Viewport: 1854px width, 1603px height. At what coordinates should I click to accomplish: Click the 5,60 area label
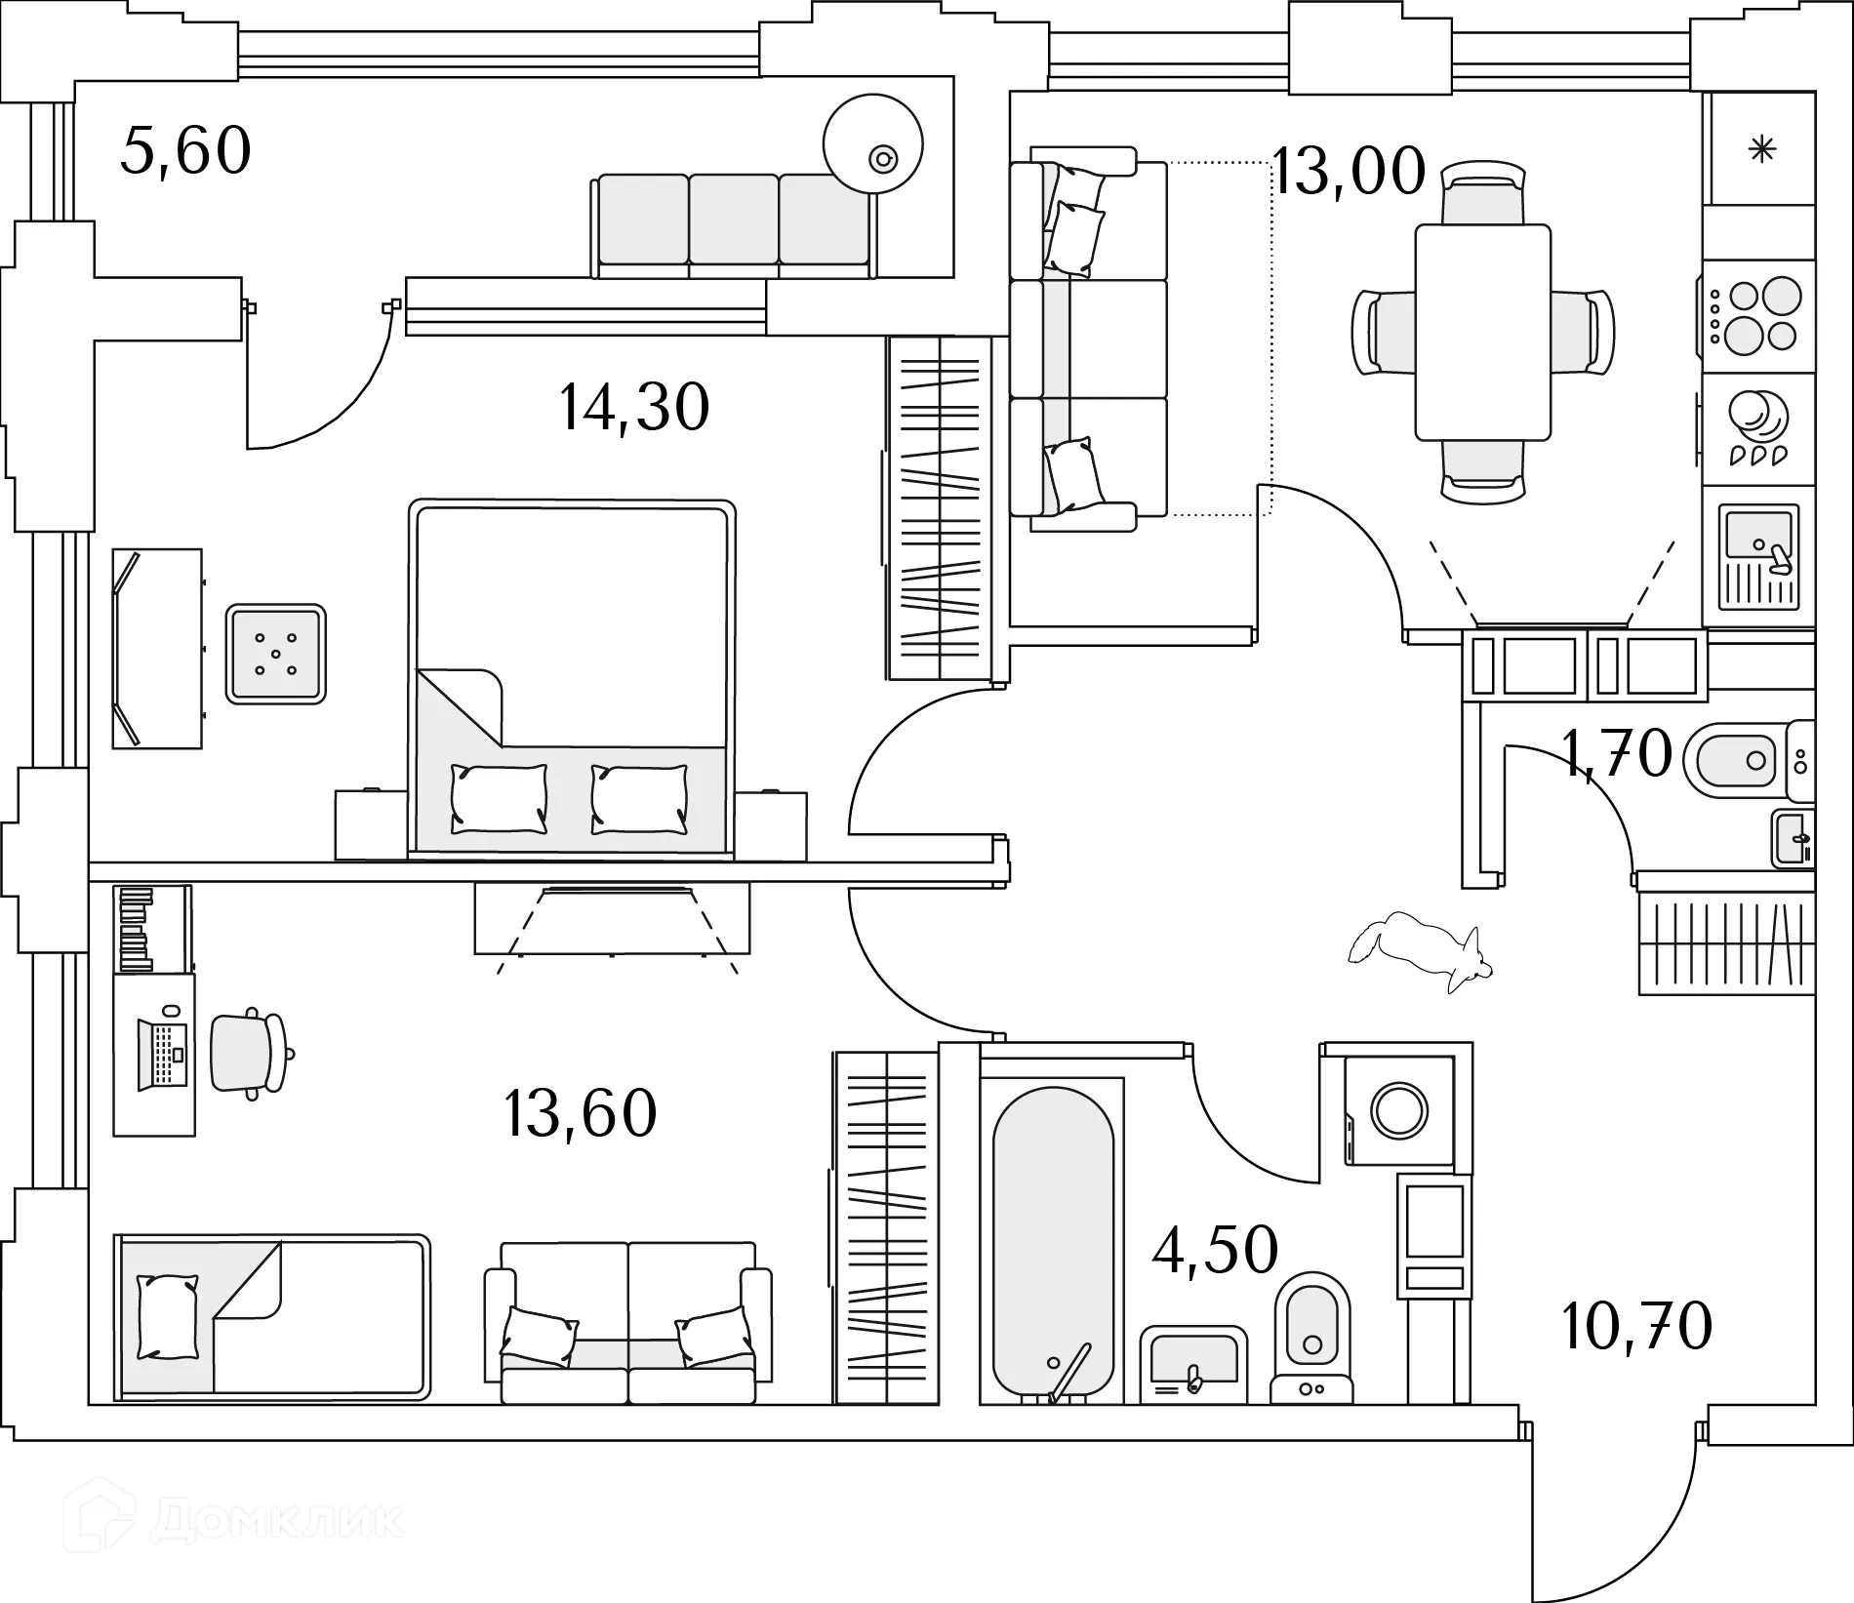click(185, 151)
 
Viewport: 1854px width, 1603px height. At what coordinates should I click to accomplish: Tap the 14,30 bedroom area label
click(634, 408)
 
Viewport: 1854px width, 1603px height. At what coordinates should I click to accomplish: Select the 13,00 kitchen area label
click(1350, 172)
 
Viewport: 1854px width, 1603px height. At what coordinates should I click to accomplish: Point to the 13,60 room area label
click(581, 1113)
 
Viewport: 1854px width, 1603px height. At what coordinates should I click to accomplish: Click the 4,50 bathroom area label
click(1215, 1250)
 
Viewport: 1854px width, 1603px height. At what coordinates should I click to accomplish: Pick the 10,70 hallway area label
click(1636, 1326)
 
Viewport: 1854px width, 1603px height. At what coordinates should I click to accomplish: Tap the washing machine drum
click(1399, 1110)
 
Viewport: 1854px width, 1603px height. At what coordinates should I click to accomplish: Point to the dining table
click(1482, 332)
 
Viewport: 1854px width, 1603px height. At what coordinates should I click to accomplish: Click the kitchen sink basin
click(1757, 536)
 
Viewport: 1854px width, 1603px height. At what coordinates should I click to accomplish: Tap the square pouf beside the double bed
click(276, 654)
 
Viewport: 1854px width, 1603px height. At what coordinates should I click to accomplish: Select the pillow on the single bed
click(168, 1316)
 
